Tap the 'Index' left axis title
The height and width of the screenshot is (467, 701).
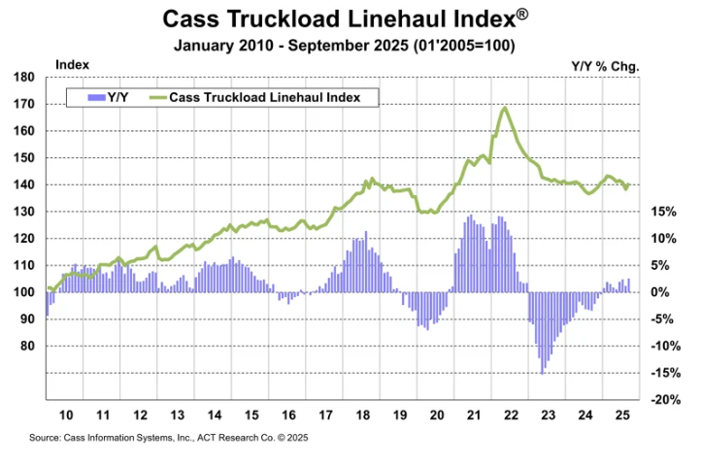click(x=73, y=64)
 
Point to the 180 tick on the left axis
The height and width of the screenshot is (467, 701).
click(x=26, y=77)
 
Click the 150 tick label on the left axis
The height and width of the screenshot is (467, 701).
click(x=26, y=157)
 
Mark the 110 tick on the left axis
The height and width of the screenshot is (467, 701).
click(x=26, y=265)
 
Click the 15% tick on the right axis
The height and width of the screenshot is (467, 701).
click(x=663, y=211)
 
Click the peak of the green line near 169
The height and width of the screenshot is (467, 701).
click(x=504, y=108)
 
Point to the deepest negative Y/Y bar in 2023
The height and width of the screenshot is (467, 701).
click(x=542, y=372)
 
